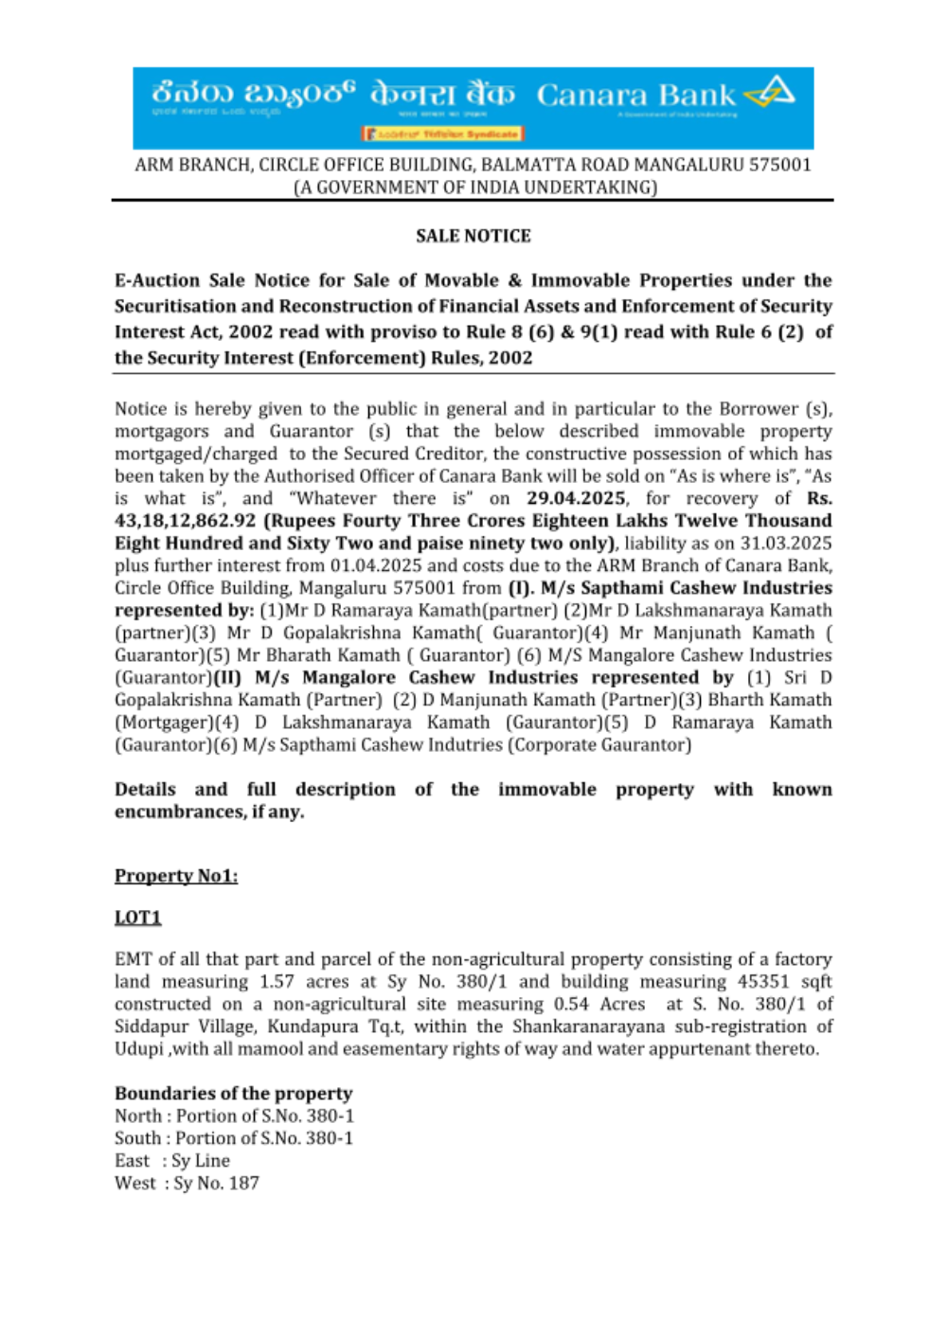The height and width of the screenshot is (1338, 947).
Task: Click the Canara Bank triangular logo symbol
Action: [770, 94]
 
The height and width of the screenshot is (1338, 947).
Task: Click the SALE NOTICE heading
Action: [473, 236]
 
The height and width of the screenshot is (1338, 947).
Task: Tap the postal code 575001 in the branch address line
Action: [780, 165]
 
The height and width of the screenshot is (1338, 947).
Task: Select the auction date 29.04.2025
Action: [577, 498]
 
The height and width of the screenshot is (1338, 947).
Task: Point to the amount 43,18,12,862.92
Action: [186, 521]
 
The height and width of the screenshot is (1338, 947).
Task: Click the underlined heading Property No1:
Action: [176, 876]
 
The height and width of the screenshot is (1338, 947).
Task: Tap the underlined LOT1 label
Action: [138, 918]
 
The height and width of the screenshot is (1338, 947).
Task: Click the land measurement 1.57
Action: [277, 982]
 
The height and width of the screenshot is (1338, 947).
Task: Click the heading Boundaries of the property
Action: [233, 1094]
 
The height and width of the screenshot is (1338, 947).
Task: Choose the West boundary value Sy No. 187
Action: [216, 1183]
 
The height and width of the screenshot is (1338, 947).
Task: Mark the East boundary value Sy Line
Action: [201, 1161]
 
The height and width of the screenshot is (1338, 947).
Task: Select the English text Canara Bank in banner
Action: [635, 95]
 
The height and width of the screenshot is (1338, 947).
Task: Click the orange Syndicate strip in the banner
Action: [443, 134]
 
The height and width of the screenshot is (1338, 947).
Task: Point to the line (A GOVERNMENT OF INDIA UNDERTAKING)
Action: [474, 187]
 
